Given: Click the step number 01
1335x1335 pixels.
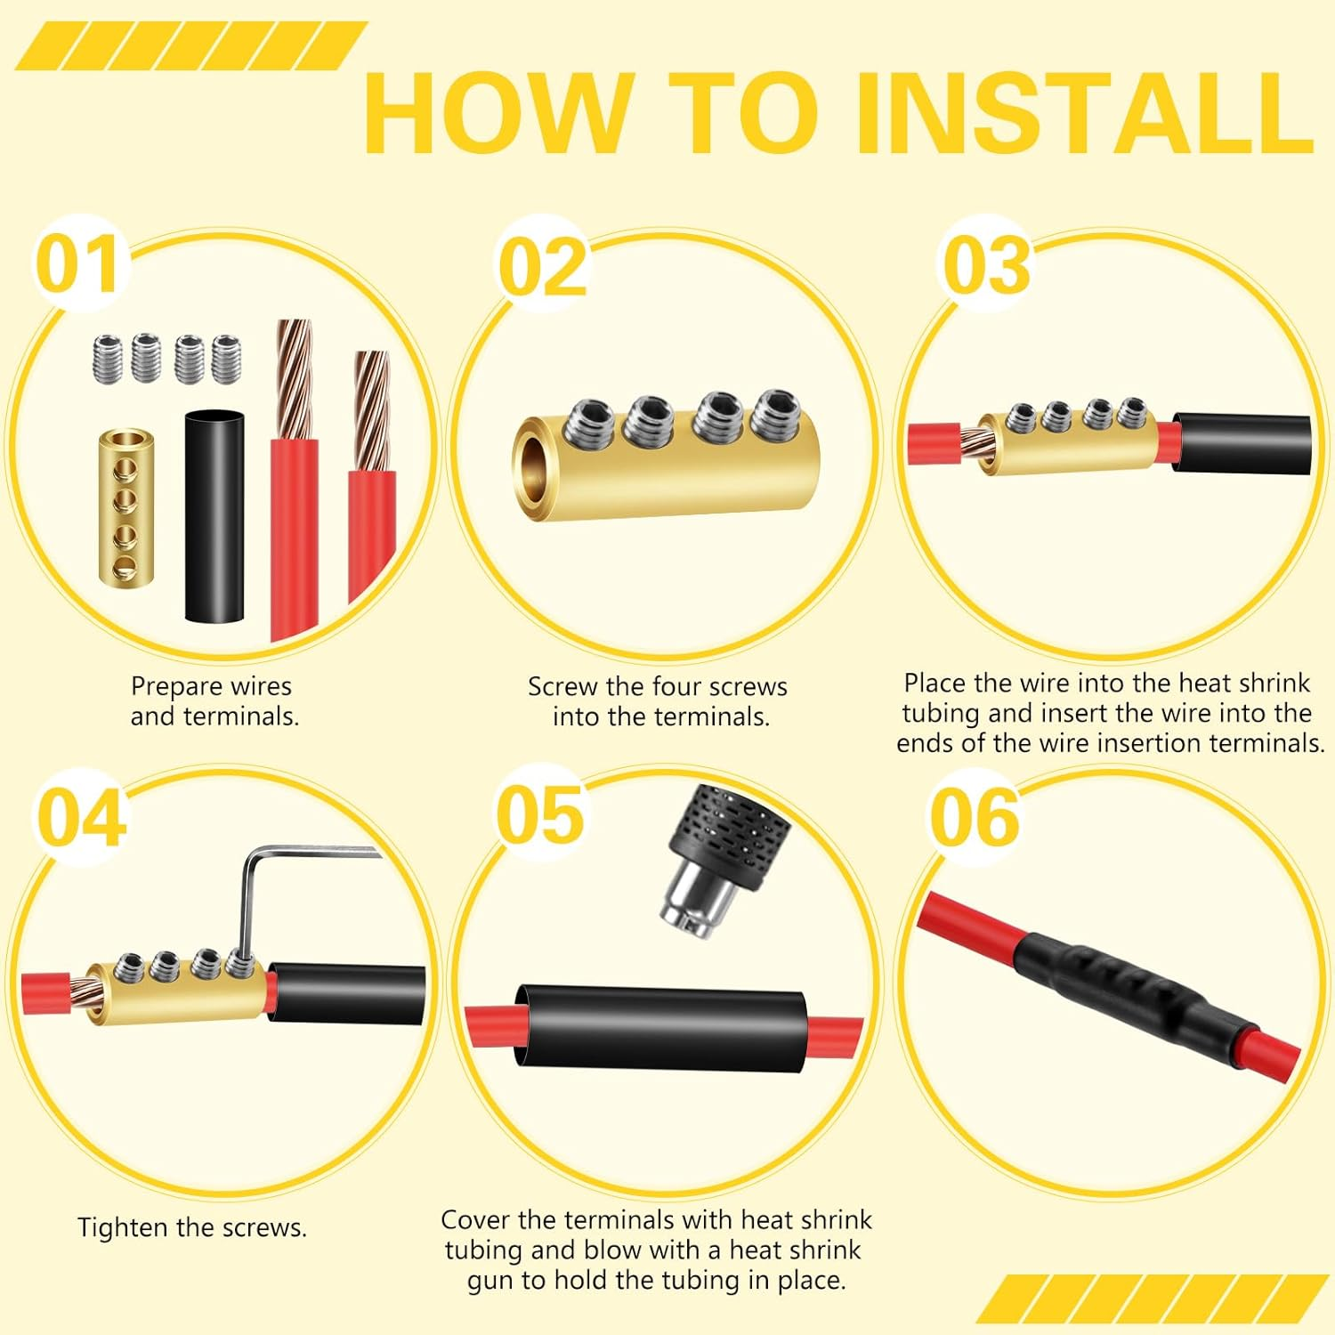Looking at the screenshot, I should [78, 264].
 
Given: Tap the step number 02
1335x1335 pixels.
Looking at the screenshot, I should [542, 267].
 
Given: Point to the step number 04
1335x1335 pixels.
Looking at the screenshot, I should [81, 817].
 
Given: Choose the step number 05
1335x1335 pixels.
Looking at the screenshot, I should [540, 815].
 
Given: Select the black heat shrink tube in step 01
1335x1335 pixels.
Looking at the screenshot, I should [214, 515].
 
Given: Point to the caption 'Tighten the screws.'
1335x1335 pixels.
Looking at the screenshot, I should [192, 1227].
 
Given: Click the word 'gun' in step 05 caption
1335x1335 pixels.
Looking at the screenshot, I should [490, 1280].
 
